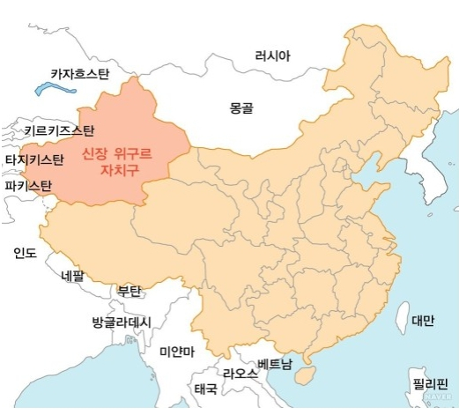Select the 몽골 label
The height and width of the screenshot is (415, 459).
coord(241,108)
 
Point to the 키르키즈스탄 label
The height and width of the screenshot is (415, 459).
coord(59,132)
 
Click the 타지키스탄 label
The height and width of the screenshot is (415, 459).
coord(34,159)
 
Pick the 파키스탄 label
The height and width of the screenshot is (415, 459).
coord(27,186)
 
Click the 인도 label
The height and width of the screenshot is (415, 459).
coord(25,253)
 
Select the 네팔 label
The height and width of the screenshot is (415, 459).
coord(71,275)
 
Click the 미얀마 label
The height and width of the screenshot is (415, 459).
coord(177,352)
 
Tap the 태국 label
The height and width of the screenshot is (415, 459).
coord(206,389)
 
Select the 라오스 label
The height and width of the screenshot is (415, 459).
coord(240,374)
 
